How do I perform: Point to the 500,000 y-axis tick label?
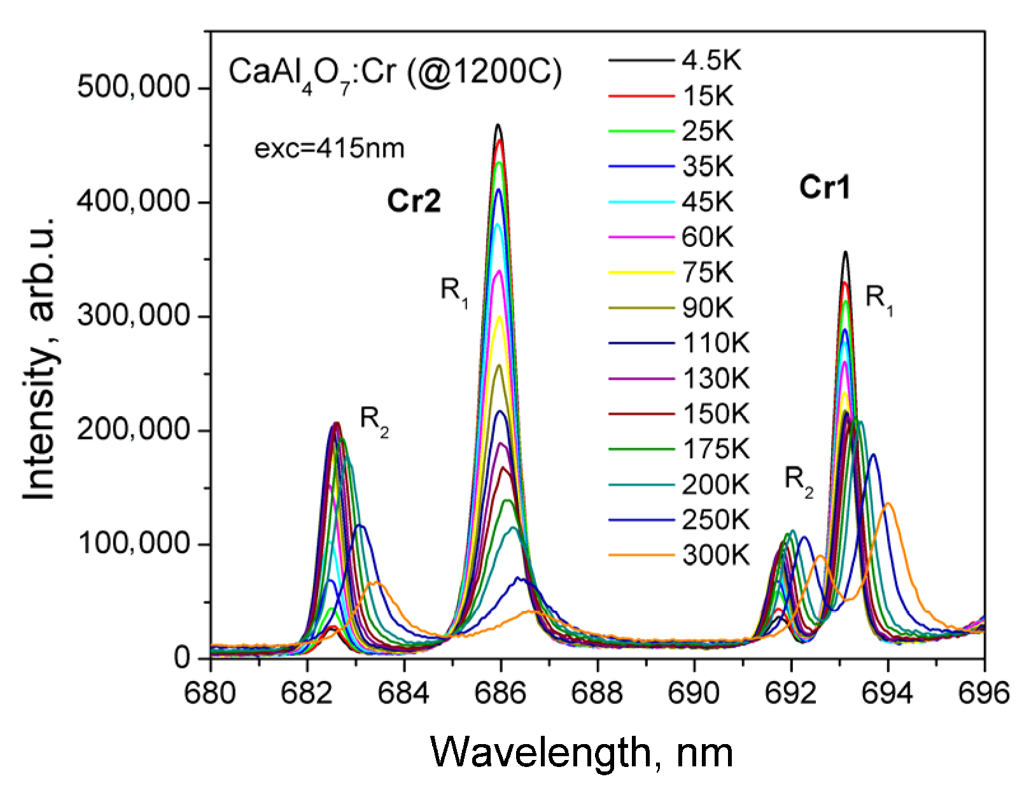coord(133,87)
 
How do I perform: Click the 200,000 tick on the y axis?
coord(133,430)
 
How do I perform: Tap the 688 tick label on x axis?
coord(598,692)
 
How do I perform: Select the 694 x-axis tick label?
coord(888,692)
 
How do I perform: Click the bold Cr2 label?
coord(414,202)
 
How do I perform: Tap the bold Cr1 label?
coord(825,188)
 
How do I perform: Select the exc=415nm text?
coord(329,148)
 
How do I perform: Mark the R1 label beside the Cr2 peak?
coord(454,292)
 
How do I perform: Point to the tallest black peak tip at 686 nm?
coord(498,125)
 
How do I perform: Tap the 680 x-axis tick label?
coord(211,692)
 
